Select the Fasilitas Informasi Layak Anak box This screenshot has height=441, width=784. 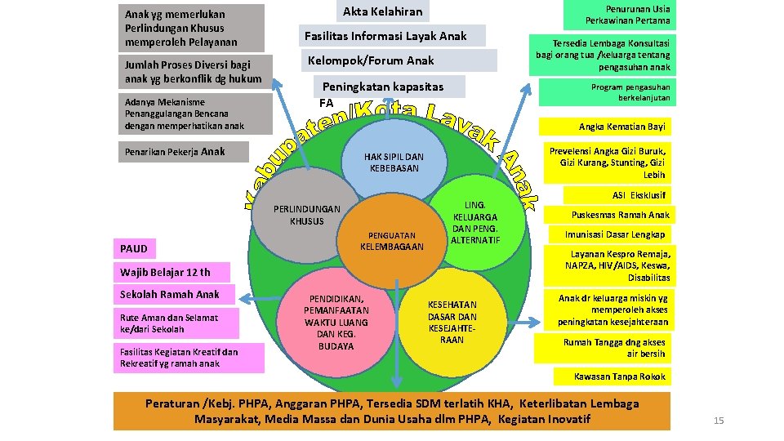(385, 36)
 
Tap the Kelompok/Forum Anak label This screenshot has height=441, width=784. (371, 60)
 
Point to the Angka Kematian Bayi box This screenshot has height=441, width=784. (622, 127)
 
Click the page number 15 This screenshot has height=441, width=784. (719, 421)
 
